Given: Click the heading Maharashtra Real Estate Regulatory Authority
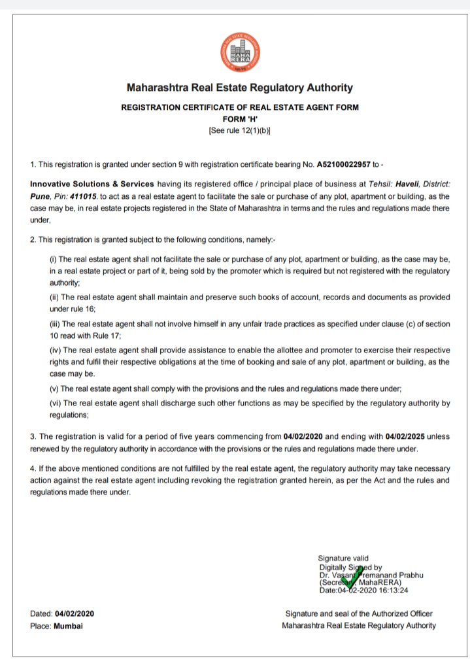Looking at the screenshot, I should (239, 88).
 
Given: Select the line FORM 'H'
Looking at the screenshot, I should (239, 118).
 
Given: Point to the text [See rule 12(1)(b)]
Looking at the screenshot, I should (239, 129).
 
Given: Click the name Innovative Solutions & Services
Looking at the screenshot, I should (92, 184).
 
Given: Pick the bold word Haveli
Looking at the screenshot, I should (409, 184).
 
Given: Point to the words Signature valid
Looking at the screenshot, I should (343, 558).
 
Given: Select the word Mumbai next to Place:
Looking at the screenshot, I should (68, 625).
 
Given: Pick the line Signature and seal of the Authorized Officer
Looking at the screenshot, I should (359, 613).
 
